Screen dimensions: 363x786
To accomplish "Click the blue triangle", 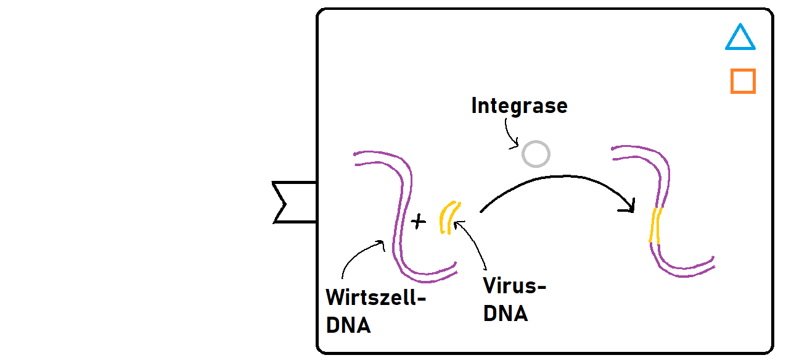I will [740, 38].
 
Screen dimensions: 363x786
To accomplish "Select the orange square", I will [743, 81].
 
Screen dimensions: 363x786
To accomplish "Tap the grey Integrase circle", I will [535, 154].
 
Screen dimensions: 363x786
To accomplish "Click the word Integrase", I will [519, 106].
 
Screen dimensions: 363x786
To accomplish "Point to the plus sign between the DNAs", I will [419, 221].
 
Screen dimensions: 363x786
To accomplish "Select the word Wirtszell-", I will [376, 298].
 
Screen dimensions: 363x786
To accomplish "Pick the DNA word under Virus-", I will [506, 314].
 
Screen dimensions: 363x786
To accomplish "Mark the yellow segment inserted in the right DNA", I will [655, 225].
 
